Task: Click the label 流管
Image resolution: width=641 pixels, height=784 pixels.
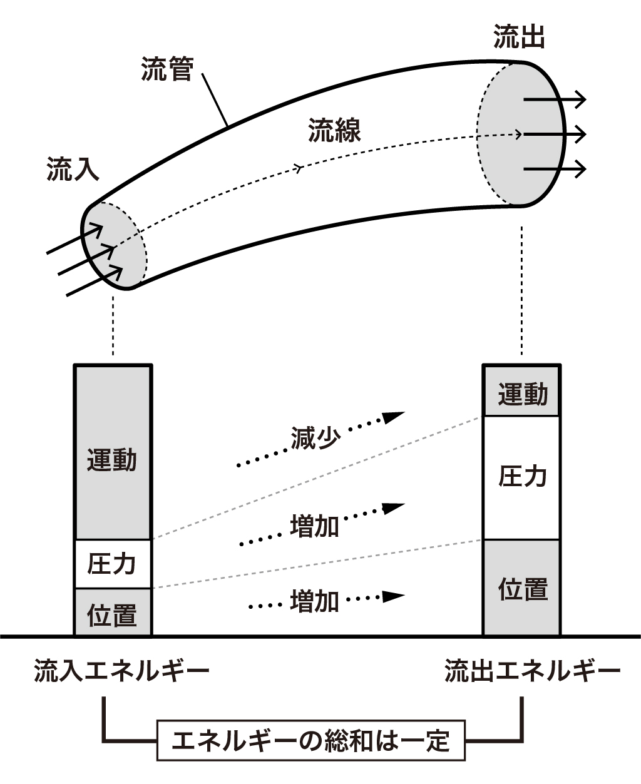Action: (167, 69)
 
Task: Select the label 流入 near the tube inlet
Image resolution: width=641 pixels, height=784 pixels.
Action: (73, 169)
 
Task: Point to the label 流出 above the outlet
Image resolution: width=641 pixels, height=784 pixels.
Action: (519, 38)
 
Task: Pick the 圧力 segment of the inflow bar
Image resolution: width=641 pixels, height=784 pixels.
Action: (113, 564)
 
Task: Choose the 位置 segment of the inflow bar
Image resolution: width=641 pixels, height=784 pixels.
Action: (113, 613)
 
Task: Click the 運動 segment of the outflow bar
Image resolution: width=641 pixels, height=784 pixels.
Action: (522, 393)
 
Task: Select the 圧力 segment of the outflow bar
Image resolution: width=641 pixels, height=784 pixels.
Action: (522, 477)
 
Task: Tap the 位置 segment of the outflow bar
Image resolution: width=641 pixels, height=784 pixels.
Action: (522, 588)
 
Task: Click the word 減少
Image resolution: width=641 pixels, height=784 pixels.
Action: (315, 438)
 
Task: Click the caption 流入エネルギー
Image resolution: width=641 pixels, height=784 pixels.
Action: (121, 671)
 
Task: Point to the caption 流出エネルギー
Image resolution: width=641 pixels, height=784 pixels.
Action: (532, 671)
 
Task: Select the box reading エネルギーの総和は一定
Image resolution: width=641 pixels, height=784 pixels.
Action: (310, 741)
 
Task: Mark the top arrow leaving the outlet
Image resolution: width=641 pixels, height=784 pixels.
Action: (555, 99)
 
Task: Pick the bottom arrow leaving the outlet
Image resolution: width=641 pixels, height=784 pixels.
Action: (555, 169)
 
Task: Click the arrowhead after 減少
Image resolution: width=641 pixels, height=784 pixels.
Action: (394, 417)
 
